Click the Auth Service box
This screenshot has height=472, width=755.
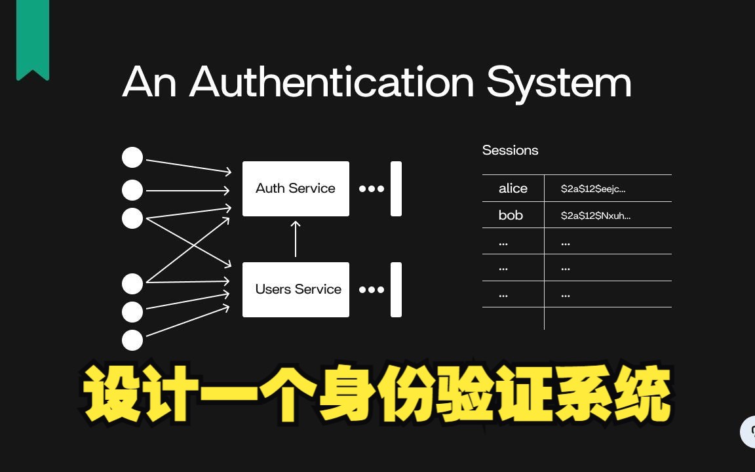coord(296,189)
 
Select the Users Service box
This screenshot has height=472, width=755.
coord(296,290)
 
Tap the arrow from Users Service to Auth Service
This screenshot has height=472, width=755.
coord(296,239)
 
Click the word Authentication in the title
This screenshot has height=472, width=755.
coord(332,83)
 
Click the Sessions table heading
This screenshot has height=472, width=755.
coord(510,150)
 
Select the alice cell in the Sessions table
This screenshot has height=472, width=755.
coord(513,189)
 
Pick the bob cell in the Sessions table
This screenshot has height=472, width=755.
coord(511,215)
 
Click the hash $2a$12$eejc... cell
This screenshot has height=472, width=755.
coord(593,189)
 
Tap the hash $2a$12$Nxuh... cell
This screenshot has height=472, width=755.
coord(596,215)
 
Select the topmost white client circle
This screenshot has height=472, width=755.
coord(132,157)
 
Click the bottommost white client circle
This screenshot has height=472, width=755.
coord(132,340)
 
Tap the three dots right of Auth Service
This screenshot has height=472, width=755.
coord(372,189)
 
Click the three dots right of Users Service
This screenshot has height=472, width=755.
coord(372,290)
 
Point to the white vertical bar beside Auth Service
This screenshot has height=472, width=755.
coord(396,189)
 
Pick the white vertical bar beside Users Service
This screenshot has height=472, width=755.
coord(396,290)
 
